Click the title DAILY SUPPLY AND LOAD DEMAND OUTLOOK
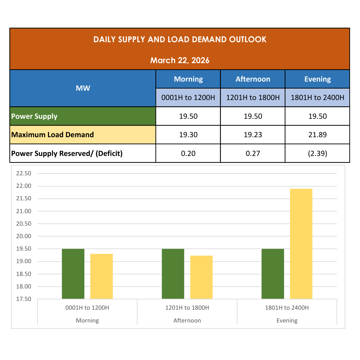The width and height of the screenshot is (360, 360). click(180, 39)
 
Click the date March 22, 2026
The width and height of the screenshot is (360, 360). click(180, 60)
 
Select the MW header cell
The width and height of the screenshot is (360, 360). click(83, 88)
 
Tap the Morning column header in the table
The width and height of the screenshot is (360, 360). click(188, 79)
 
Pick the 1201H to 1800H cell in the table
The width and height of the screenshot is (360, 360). click(253, 97)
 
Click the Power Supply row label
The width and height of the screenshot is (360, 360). click(34, 116)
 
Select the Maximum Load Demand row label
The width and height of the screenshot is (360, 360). click(52, 135)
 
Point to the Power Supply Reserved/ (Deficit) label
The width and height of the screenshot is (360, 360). click(67, 153)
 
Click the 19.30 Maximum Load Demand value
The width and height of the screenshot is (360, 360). click(188, 135)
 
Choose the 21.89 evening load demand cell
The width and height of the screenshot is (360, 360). click(317, 135)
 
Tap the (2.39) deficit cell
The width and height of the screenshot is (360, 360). click(317, 153)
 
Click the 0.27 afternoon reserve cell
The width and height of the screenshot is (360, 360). click(253, 153)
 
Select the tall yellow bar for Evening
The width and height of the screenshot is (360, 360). click(301, 244)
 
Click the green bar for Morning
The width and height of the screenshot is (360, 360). click(73, 274)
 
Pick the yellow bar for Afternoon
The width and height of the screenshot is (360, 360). click(201, 277)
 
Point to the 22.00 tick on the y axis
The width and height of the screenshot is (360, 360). click(24, 186)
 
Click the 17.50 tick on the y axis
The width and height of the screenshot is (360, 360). click(24, 299)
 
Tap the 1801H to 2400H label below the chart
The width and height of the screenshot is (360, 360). click(287, 308)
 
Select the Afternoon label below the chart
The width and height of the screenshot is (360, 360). click(187, 321)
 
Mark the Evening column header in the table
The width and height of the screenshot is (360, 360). click(317, 79)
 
